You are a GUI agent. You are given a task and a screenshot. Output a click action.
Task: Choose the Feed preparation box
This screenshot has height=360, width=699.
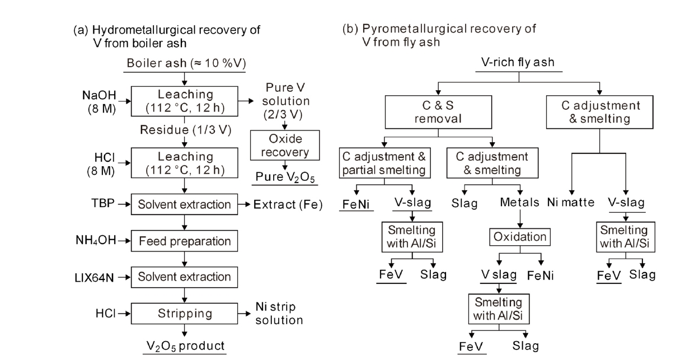[x=184, y=241]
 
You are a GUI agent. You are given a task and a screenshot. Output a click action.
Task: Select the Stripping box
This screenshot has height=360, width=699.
[x=184, y=313]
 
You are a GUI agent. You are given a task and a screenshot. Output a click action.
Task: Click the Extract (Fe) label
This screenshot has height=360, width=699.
[x=288, y=204]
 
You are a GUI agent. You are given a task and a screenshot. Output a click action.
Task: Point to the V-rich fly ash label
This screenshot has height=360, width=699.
[x=518, y=62]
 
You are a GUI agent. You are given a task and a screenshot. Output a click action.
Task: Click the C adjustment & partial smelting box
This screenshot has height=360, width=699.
[x=384, y=163]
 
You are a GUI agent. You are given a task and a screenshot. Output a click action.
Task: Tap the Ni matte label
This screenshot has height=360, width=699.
[x=571, y=202]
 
